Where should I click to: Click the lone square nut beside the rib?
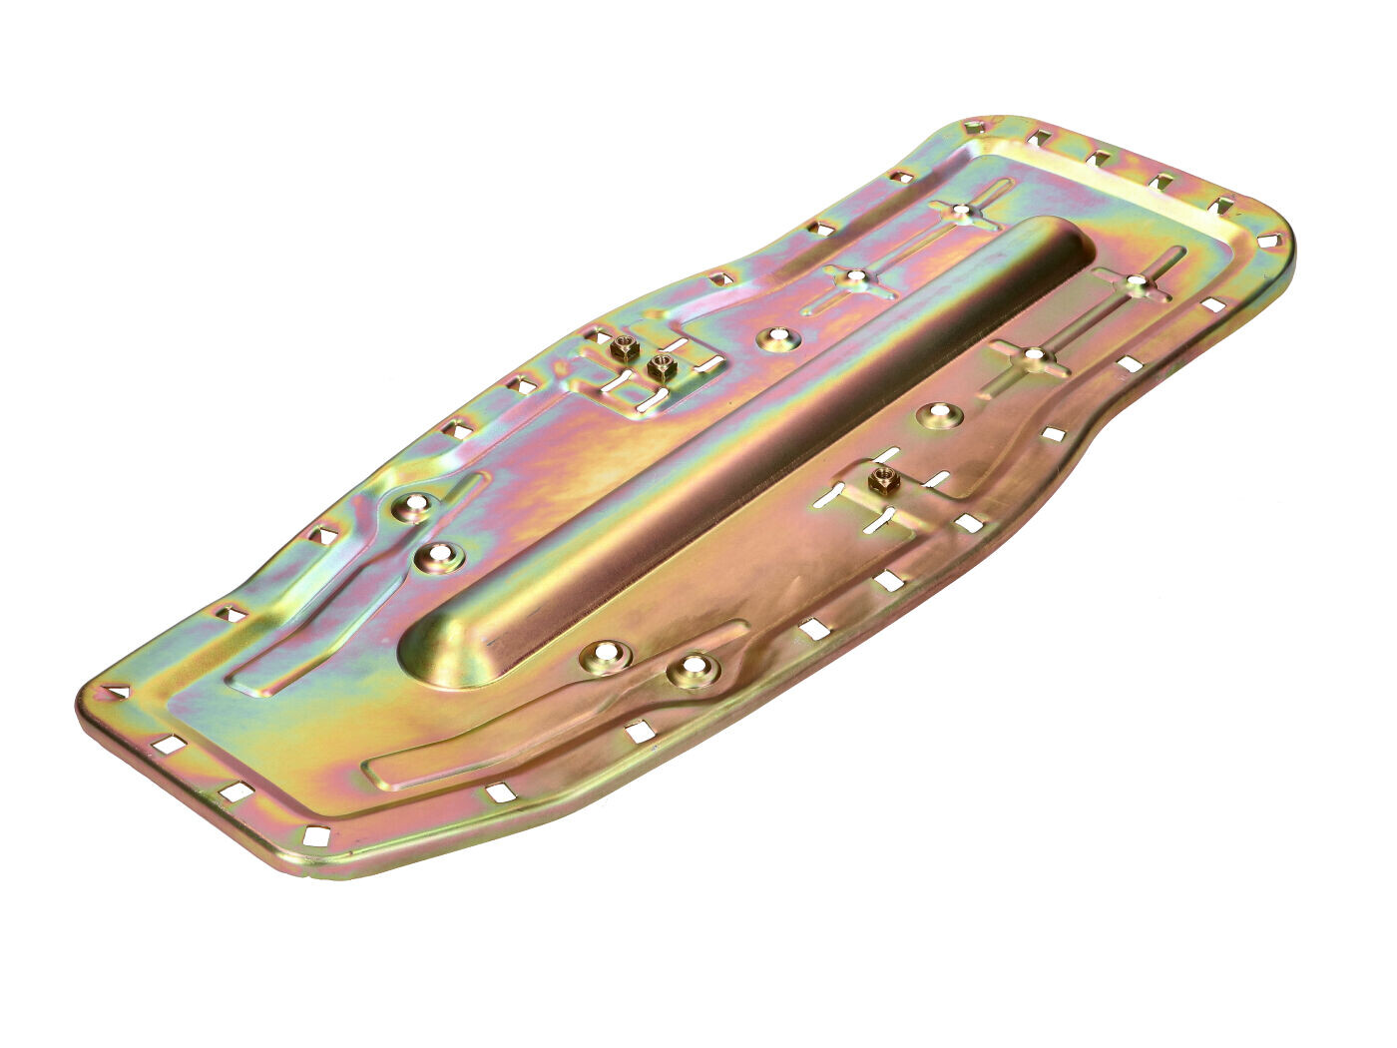883,480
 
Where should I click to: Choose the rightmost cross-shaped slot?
1138,282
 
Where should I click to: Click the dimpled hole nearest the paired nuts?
777,338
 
